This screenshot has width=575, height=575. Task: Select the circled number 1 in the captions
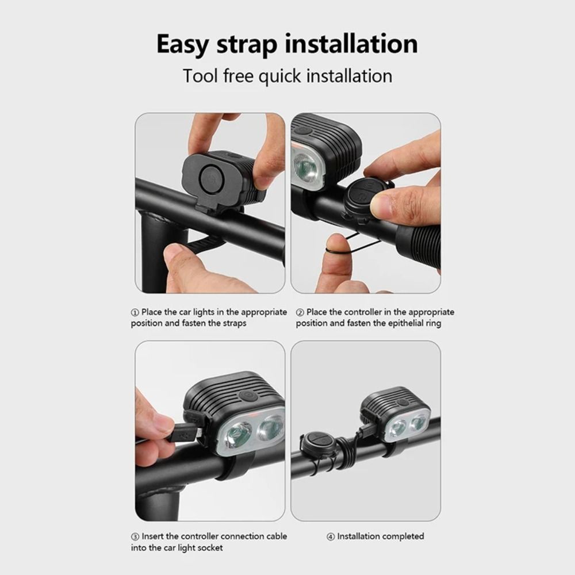(x=135, y=312)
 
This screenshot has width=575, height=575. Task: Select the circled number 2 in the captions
(x=300, y=312)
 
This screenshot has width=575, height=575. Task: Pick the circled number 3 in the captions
(x=135, y=536)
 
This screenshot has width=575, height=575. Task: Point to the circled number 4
(x=331, y=536)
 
